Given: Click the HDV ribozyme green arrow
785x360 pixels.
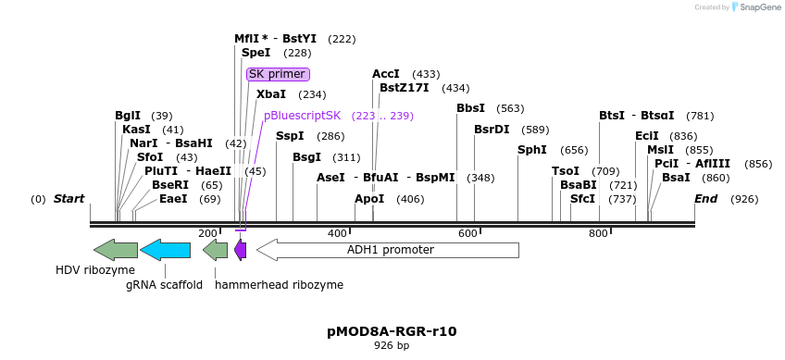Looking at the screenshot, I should pyautogui.click(x=116, y=249).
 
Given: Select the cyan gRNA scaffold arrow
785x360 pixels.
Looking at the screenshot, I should pyautogui.click(x=165, y=249).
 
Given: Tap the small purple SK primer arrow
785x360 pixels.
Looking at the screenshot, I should pyautogui.click(x=240, y=249).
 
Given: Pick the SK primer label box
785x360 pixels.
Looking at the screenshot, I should pyautogui.click(x=277, y=74).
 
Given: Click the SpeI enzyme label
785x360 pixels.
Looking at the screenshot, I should pyautogui.click(x=255, y=53).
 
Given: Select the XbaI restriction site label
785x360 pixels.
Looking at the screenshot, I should pyautogui.click(x=271, y=94).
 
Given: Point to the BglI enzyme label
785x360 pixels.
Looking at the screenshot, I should pyautogui.click(x=128, y=116).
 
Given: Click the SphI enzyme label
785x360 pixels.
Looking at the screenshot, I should pyautogui.click(x=532, y=150).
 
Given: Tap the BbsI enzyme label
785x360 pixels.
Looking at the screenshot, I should pyautogui.click(x=470, y=108).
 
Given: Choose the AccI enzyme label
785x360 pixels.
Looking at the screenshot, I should pyautogui.click(x=385, y=74).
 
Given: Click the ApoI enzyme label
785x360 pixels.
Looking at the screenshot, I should pyautogui.click(x=369, y=199).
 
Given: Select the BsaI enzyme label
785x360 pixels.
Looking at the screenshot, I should pyautogui.click(x=676, y=178).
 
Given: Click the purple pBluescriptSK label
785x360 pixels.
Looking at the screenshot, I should pyautogui.click(x=302, y=116).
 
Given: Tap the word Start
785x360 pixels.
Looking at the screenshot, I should pyautogui.click(x=69, y=199).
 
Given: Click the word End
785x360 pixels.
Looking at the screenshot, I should pyautogui.click(x=705, y=199).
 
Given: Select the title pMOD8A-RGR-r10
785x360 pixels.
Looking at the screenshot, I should pyautogui.click(x=392, y=330).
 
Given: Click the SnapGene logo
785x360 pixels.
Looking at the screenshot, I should pyautogui.click(x=756, y=7).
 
